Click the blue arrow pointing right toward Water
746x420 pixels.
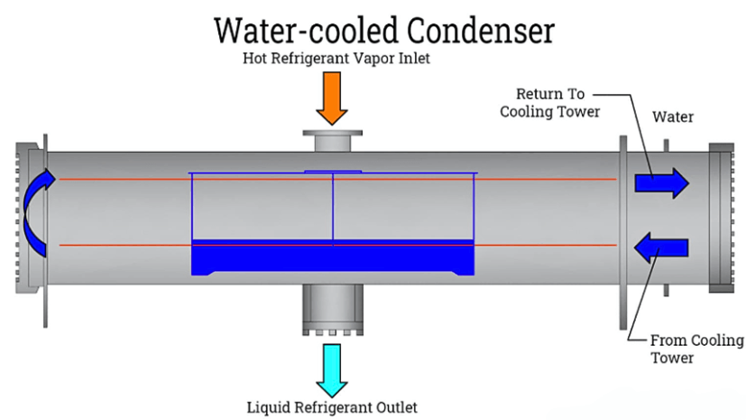pos(661,182)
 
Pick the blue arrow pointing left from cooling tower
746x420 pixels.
pos(661,246)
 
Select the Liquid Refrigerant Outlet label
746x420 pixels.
pos(332,406)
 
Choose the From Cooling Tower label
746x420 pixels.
pos(696,349)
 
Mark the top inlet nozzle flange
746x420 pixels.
pos(331,136)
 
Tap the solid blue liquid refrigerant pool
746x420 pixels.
pos(333,258)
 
